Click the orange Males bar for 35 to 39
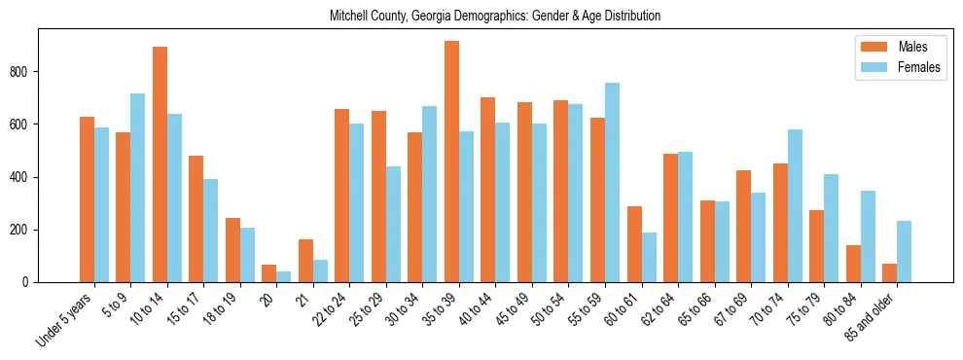pyautogui.click(x=451, y=162)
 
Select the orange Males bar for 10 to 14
pyautogui.click(x=160, y=164)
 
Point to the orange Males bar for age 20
pyautogui.click(x=268, y=273)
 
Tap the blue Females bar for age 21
pyautogui.click(x=320, y=270)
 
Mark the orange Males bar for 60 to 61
pyautogui.click(x=634, y=244)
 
